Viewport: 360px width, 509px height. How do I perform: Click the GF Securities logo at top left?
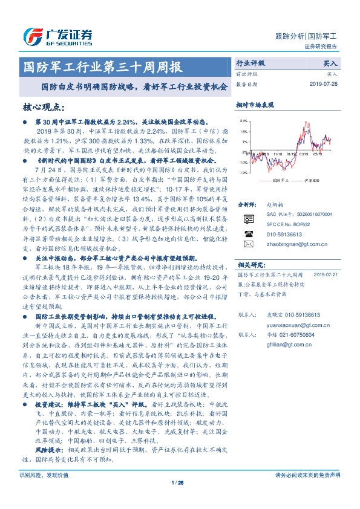[x=57, y=36]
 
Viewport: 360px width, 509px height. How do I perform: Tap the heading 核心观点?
[x=43, y=107]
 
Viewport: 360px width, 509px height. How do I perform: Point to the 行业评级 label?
[x=250, y=63]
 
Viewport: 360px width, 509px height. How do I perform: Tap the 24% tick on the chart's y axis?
[x=243, y=120]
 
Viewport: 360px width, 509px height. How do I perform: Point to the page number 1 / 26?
[x=178, y=500]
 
